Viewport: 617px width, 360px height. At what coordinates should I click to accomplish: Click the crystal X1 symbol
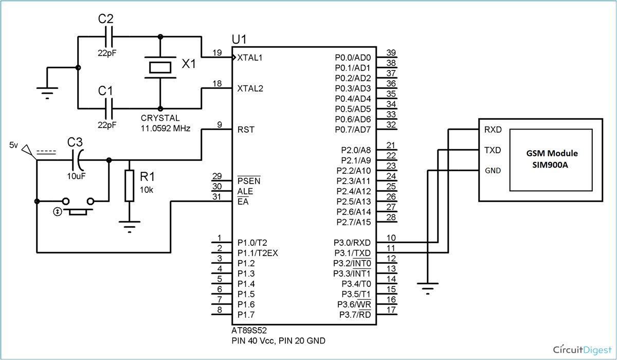[x=160, y=67]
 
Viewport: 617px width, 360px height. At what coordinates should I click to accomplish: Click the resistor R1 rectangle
[x=129, y=186]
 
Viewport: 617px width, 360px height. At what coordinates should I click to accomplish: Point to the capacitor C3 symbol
[x=79, y=160]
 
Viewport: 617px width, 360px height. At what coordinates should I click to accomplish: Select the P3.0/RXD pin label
[x=352, y=242]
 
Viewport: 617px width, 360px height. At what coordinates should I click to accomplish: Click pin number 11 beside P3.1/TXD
[x=391, y=248]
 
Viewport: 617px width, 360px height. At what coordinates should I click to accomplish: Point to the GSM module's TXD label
[x=492, y=150]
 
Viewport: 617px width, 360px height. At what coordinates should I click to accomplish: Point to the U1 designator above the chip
[x=241, y=40]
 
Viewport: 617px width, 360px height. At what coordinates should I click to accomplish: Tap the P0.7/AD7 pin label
[x=352, y=129]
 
